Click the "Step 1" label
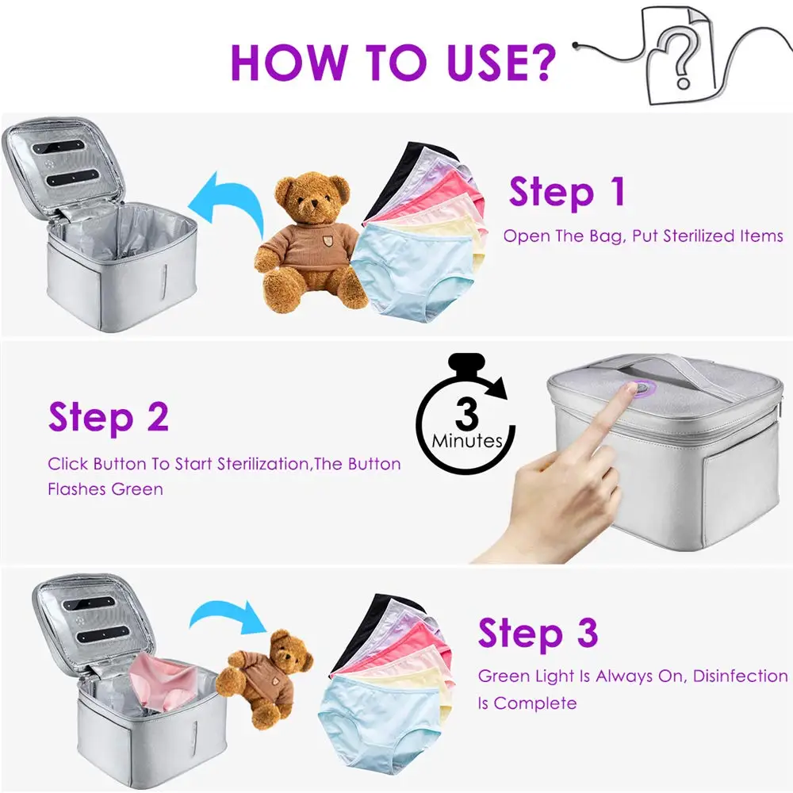567,193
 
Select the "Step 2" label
109,417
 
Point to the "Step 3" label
537,634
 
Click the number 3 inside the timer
467,414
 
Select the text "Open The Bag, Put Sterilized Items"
643,236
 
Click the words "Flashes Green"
105,489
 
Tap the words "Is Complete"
527,703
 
